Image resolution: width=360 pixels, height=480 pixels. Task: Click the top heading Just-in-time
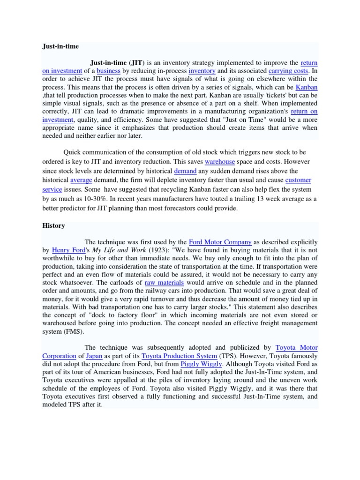60,47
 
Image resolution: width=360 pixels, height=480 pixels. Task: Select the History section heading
53,225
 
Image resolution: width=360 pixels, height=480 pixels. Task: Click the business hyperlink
108,71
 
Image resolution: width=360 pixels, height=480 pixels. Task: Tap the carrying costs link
288,71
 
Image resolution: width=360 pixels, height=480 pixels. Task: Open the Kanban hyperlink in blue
307,87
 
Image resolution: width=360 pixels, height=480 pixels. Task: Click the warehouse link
220,162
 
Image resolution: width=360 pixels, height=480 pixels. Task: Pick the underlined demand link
185,171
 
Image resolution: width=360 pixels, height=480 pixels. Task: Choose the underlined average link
81,180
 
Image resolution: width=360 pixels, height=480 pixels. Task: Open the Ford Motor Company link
220,242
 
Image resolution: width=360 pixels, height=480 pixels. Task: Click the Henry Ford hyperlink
69,250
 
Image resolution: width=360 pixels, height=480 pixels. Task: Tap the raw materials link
164,283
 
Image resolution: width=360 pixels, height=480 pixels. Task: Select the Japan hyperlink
94,356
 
